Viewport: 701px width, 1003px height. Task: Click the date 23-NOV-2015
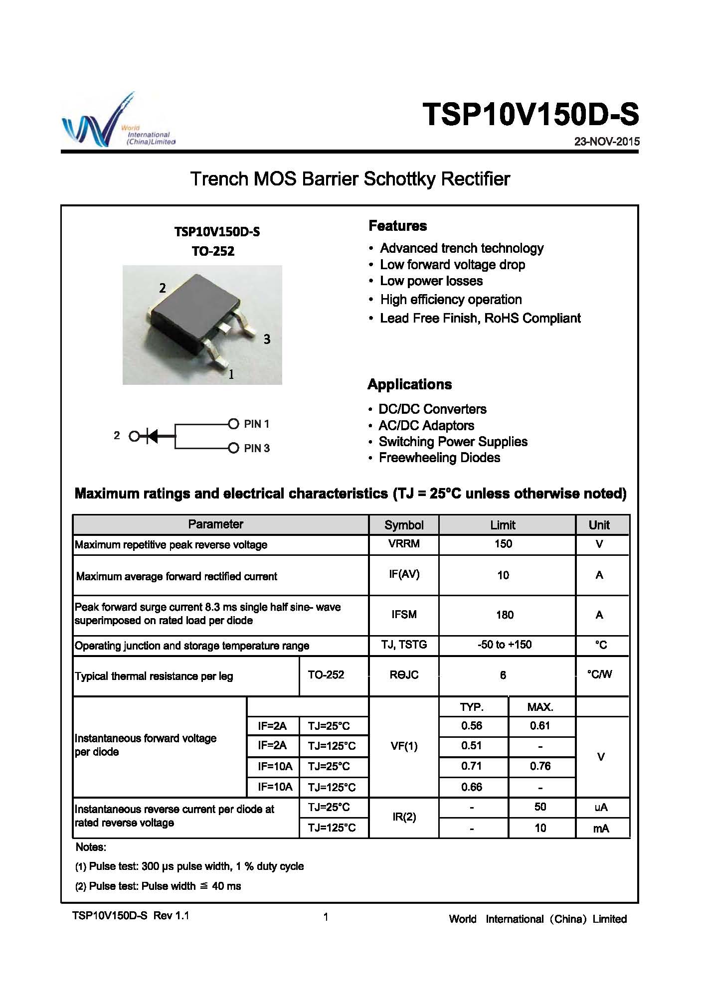pyautogui.click(x=606, y=142)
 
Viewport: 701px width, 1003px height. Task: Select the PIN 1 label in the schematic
pyautogui.click(x=256, y=424)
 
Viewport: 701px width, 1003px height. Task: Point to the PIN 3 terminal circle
pyautogui.click(x=233, y=448)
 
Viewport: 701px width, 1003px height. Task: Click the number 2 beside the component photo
pyautogui.click(x=163, y=288)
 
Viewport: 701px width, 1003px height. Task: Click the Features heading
pyautogui.click(x=397, y=226)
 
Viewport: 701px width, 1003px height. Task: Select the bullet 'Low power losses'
pyautogui.click(x=431, y=281)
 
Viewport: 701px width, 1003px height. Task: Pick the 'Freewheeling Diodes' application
pyautogui.click(x=439, y=458)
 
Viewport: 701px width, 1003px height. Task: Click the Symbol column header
pyautogui.click(x=404, y=525)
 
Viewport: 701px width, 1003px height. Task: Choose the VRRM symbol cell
pyautogui.click(x=404, y=544)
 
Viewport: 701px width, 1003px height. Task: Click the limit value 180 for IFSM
pyautogui.click(x=505, y=615)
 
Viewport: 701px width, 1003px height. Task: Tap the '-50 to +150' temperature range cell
pyautogui.click(x=505, y=645)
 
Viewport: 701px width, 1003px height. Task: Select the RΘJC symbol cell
pyautogui.click(x=404, y=675)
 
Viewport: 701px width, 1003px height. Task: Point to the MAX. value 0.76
pyautogui.click(x=540, y=766)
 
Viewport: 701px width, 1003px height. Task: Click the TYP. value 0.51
pyautogui.click(x=472, y=746)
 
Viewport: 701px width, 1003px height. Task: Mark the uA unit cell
pyautogui.click(x=601, y=807)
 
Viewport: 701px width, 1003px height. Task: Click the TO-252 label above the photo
pyautogui.click(x=213, y=251)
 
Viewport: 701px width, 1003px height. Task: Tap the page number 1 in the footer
pyautogui.click(x=326, y=917)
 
